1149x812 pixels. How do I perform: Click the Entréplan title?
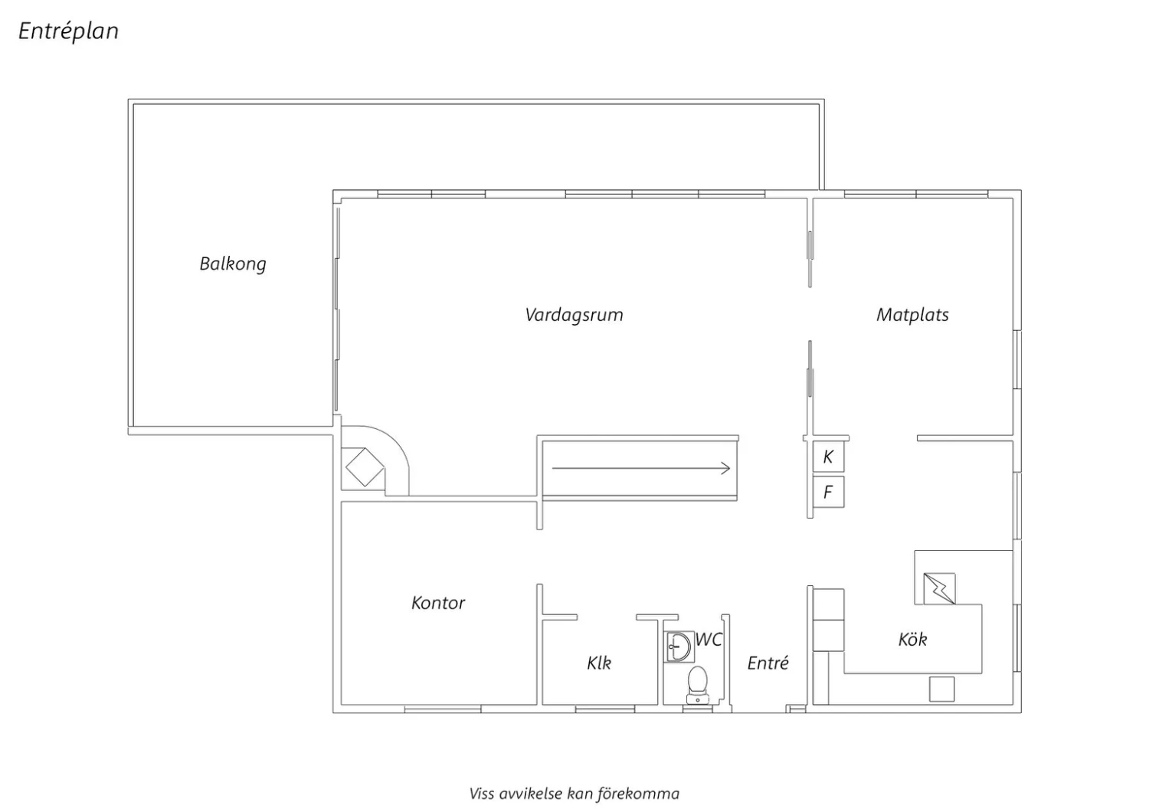[68, 31]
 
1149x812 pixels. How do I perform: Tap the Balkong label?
[233, 264]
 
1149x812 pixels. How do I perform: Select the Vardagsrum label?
[574, 314]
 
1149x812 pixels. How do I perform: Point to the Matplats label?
[912, 314]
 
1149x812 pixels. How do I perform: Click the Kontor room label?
[438, 603]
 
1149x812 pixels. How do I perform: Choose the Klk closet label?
[599, 663]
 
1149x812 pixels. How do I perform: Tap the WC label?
[709, 640]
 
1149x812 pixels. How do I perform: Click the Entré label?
[768, 663]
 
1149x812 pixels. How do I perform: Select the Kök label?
[912, 639]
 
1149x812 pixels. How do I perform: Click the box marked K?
[828, 457]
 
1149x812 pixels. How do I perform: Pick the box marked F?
[828, 493]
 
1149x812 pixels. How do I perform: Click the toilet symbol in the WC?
[697, 686]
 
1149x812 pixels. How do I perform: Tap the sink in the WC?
[678, 647]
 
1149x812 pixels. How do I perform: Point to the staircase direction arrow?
[640, 468]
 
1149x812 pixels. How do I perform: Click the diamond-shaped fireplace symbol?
[365, 467]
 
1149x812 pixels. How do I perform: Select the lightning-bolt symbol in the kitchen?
[939, 588]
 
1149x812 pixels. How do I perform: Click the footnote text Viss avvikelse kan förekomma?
[574, 794]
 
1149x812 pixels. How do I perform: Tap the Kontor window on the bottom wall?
[443, 709]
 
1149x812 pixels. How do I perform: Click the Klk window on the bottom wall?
[605, 709]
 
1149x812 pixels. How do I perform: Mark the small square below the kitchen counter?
[941, 689]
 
